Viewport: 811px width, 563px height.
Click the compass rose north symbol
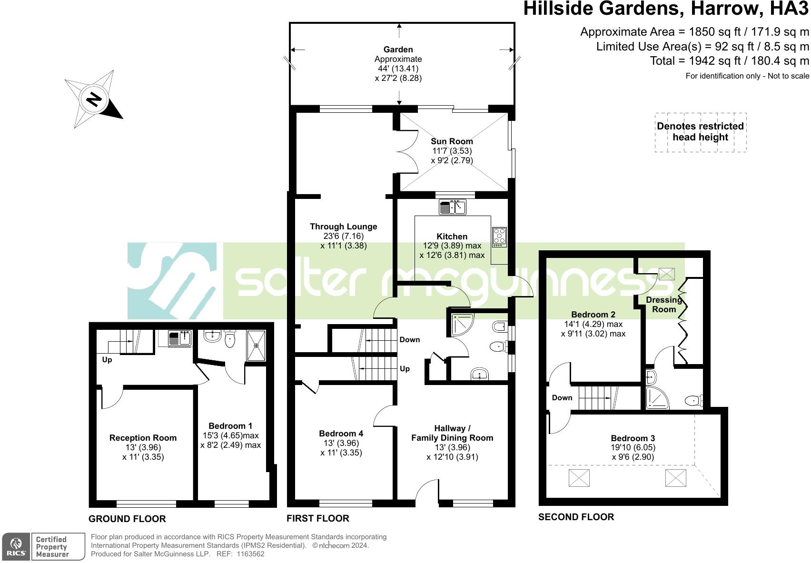click(94, 99)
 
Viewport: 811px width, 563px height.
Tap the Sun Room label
click(452, 141)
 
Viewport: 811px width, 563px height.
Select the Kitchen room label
click(452, 237)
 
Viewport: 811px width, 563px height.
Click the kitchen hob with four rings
click(499, 237)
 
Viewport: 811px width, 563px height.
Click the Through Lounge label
click(343, 227)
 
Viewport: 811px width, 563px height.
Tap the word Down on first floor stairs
click(409, 340)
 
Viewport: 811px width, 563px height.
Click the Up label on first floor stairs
click(405, 369)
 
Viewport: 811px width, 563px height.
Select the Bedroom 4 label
click(341, 434)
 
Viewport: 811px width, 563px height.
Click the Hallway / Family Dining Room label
click(452, 433)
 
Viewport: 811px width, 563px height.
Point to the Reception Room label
click(143, 438)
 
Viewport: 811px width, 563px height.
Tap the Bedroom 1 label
click(230, 426)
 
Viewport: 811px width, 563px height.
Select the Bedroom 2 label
click(593, 315)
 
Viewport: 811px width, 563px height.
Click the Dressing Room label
click(664, 305)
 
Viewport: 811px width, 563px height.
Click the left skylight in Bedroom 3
click(579, 477)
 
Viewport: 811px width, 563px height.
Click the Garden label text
click(398, 49)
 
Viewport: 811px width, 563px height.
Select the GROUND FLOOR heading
click(127, 519)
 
